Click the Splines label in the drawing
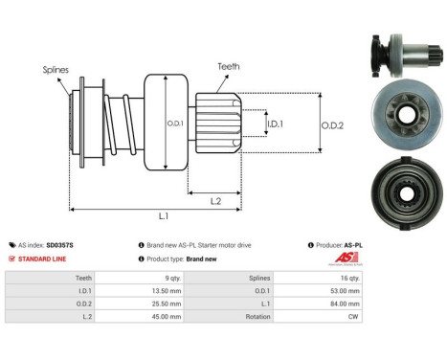[54, 70]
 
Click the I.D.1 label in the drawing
[274, 124]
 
